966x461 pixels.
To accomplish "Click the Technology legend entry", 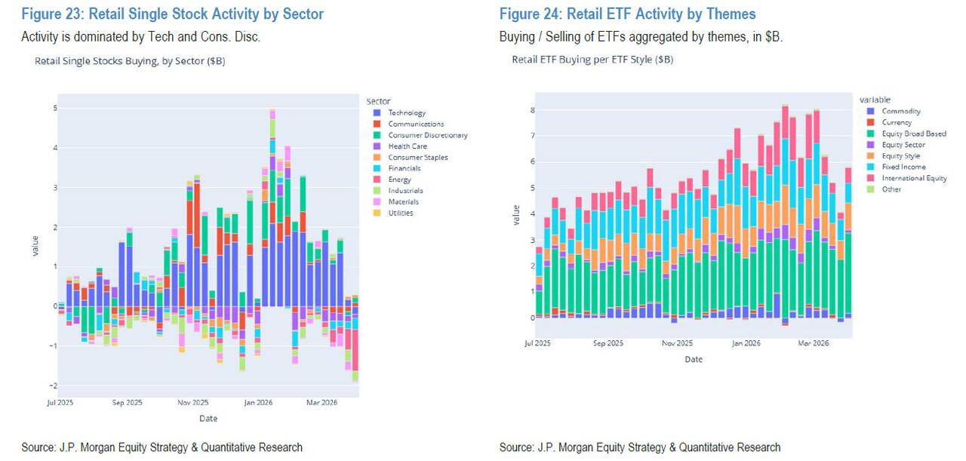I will (407, 113).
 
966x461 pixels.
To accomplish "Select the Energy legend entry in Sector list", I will (399, 180).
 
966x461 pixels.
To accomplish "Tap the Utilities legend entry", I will (401, 213).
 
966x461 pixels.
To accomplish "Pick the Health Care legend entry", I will (407, 146).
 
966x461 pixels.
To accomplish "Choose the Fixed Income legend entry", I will (903, 167).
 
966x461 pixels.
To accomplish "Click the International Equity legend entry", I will (914, 178).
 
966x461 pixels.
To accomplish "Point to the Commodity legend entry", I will (901, 111).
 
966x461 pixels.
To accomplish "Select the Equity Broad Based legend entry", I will (913, 134).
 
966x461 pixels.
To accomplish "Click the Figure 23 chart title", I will (172, 14).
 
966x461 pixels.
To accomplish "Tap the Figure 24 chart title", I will (627, 14).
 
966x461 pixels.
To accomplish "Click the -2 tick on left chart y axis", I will (53, 386).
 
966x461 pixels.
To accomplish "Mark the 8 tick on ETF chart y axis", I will (532, 110).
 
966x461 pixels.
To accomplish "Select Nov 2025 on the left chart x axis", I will (192, 403).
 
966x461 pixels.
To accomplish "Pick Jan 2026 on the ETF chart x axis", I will (746, 343).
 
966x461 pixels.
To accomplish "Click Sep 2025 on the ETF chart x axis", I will (608, 343).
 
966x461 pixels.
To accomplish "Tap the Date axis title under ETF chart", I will (694, 359).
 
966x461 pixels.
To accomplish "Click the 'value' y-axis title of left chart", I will (35, 246).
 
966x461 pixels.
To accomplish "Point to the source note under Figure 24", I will (640, 447).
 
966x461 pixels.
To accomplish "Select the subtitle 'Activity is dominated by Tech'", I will (140, 37).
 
